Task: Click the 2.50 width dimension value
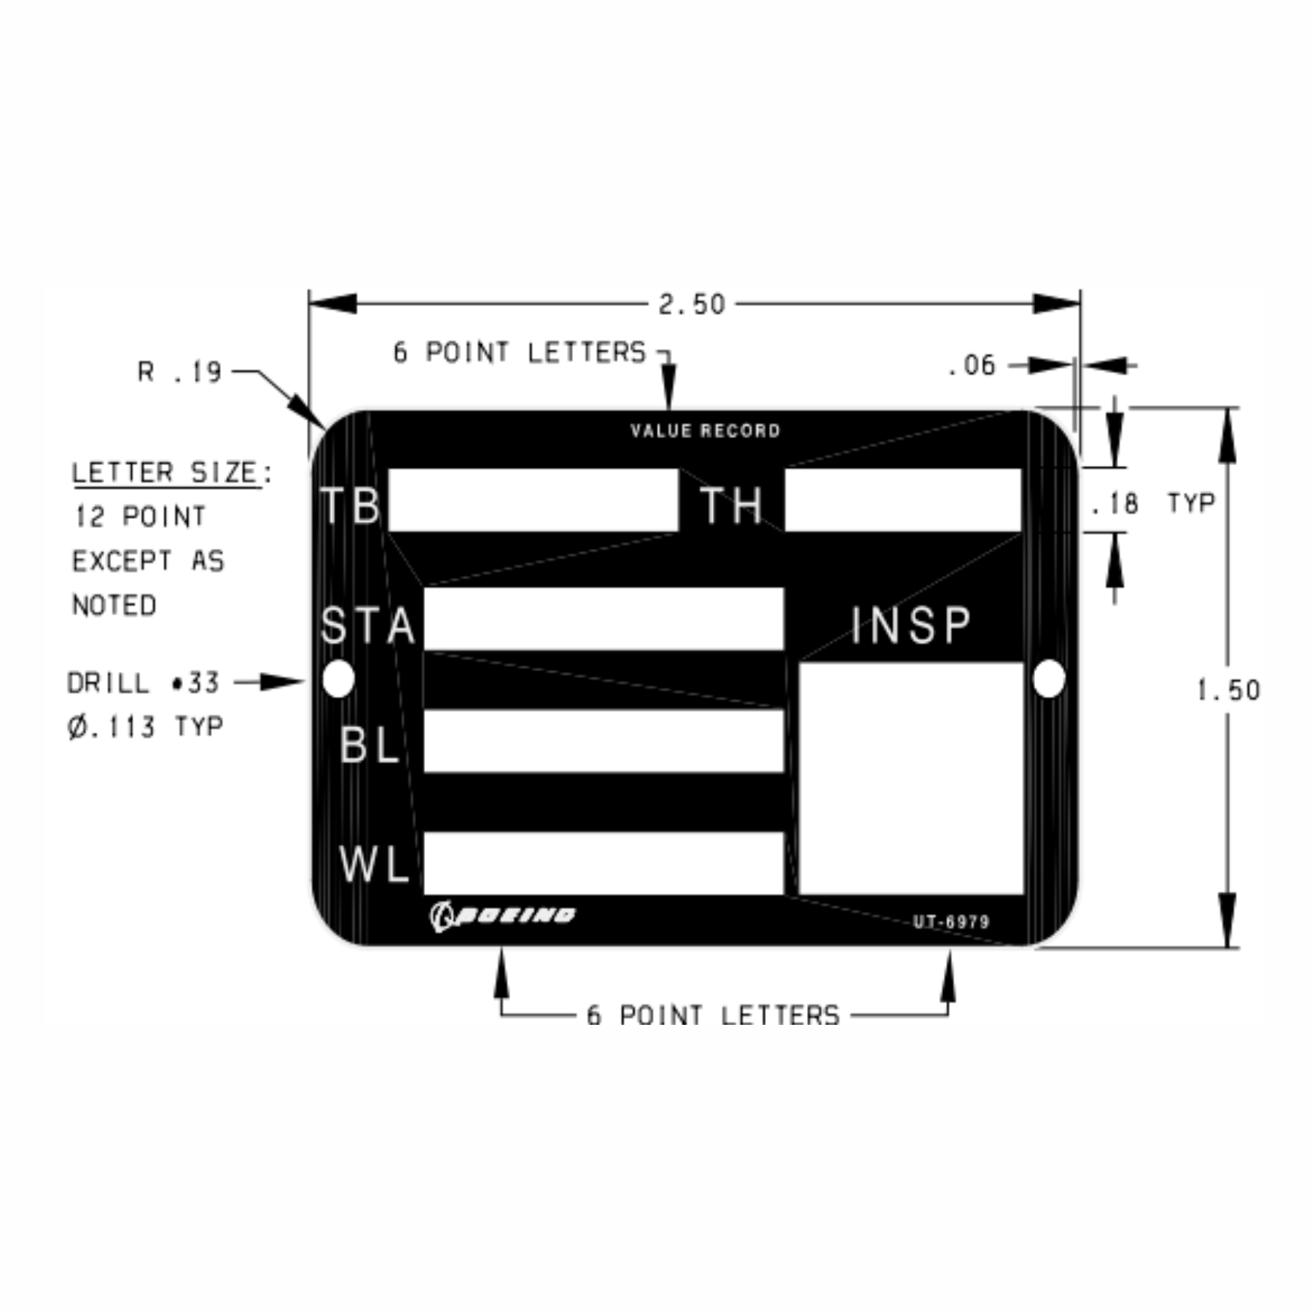(x=692, y=304)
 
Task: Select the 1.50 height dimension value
(x=1229, y=690)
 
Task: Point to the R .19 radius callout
(x=179, y=372)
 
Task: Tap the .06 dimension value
(x=972, y=365)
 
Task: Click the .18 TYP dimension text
(x=1152, y=503)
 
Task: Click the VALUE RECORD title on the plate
(x=706, y=431)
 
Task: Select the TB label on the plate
(x=351, y=505)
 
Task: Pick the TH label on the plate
(x=731, y=505)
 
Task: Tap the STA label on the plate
(x=368, y=625)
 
